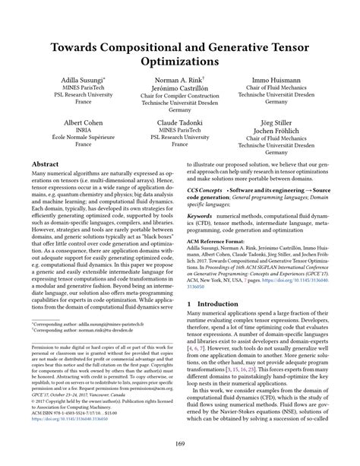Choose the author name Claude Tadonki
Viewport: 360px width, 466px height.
pyautogui.click(x=180, y=122)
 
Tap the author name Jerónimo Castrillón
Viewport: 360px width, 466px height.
pyautogui.click(x=180, y=88)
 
